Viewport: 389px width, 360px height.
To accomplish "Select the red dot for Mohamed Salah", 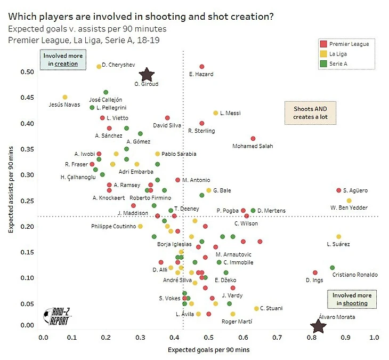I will (x=253, y=139).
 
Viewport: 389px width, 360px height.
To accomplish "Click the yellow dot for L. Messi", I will (x=216, y=113).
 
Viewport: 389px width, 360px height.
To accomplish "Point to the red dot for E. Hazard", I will (x=202, y=67).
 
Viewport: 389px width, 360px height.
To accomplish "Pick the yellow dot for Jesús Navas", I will (x=65, y=97).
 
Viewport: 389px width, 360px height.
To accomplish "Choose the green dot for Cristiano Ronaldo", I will (x=333, y=268).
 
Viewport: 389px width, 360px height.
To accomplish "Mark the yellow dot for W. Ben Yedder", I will (x=349, y=201).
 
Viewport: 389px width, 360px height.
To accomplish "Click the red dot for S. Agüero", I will (x=338, y=190).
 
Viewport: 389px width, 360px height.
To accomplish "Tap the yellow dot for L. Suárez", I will (x=339, y=237).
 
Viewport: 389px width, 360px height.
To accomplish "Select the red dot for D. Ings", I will (x=315, y=273).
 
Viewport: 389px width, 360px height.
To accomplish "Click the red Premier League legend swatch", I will (x=324, y=44).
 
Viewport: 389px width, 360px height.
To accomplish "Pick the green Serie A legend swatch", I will (x=324, y=63).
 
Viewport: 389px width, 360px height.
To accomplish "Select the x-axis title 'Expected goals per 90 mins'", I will (x=208, y=350).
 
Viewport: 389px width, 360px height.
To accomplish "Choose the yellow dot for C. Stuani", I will (x=256, y=308).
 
